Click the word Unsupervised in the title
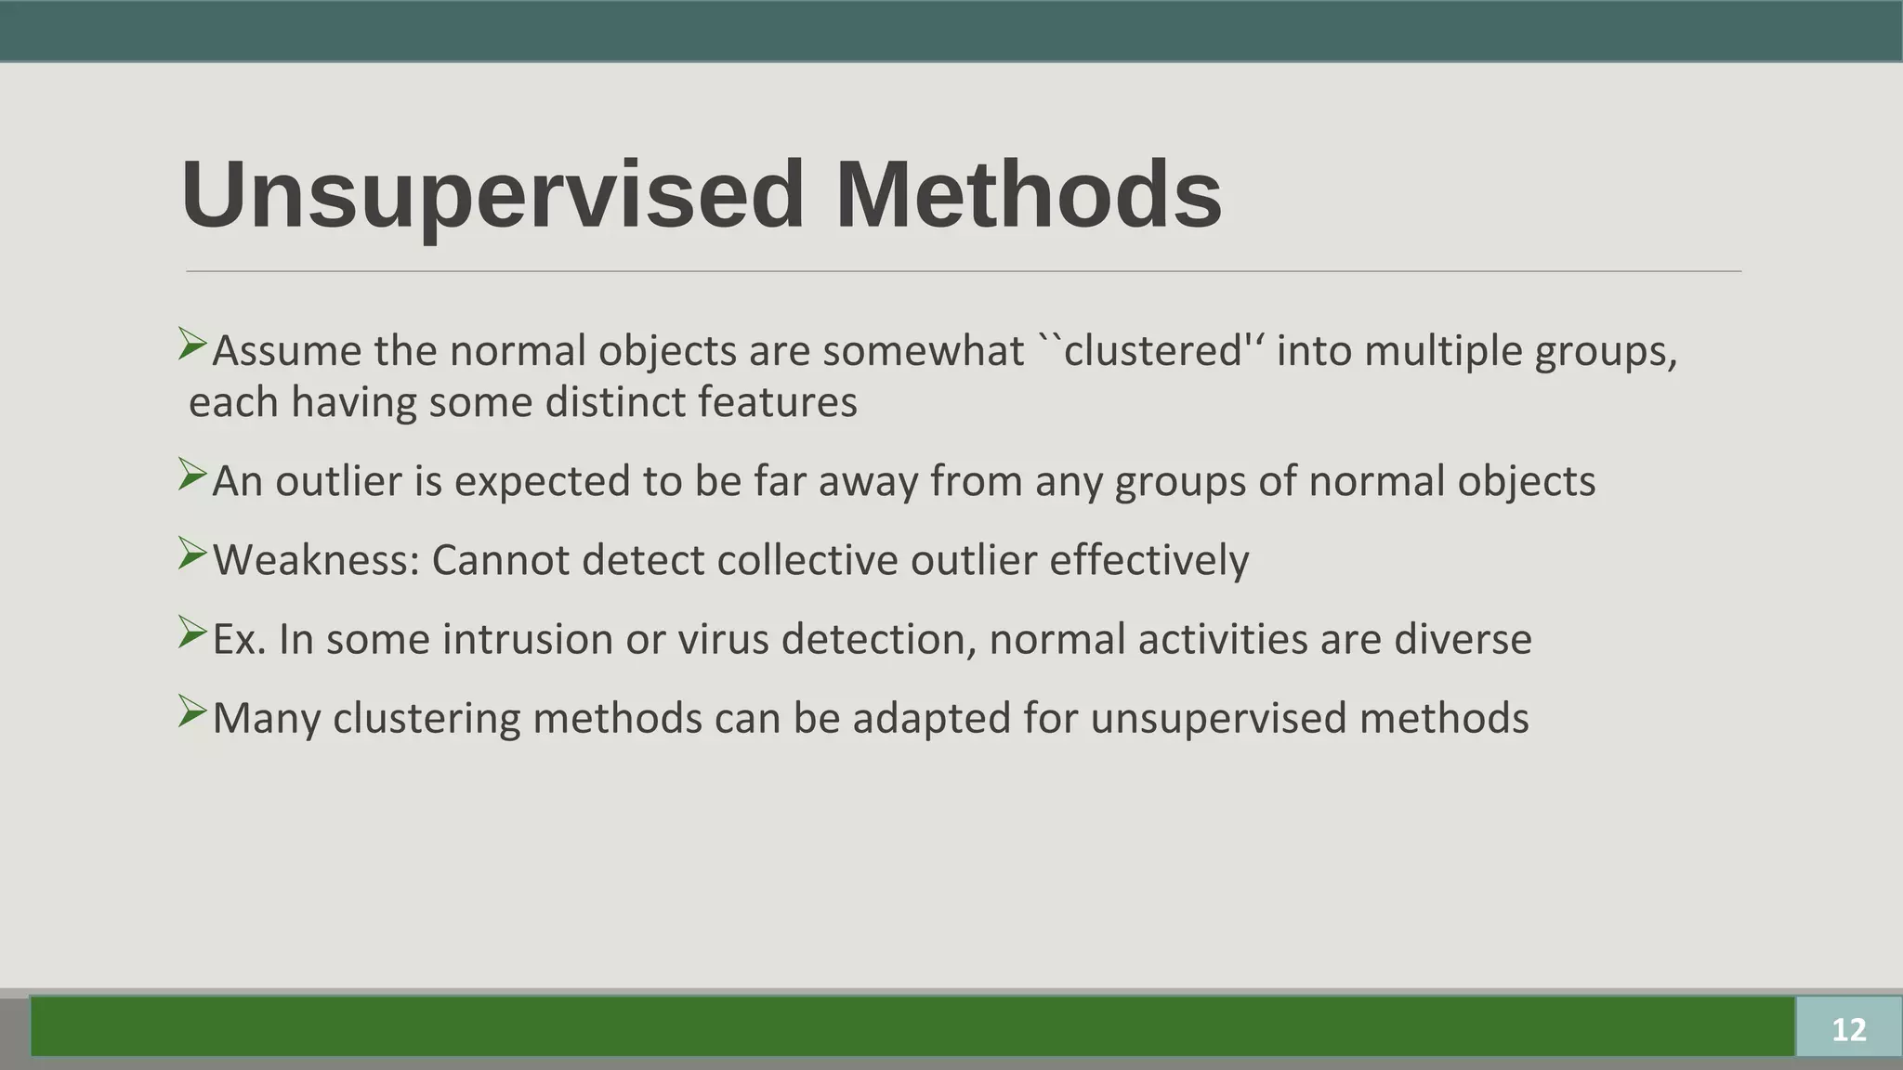point(492,195)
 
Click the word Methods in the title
point(1028,195)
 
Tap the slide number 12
point(1848,1029)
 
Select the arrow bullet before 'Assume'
point(192,345)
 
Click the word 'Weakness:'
point(316,560)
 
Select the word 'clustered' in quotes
point(1152,351)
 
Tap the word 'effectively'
point(1148,560)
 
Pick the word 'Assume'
point(287,351)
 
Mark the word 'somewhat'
point(923,351)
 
